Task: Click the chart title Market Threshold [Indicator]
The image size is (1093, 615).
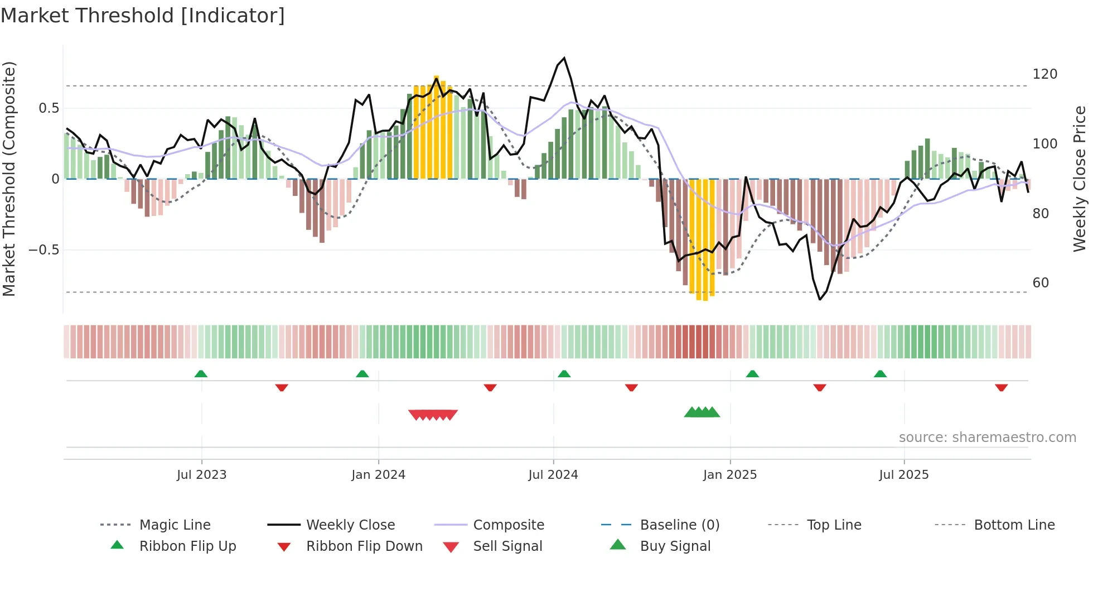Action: [x=143, y=16]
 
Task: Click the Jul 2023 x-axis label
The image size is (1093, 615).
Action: [x=201, y=475]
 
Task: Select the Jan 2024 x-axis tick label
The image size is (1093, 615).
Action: [x=378, y=475]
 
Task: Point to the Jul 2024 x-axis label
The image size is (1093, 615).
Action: [x=553, y=475]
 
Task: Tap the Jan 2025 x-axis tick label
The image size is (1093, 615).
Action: [x=730, y=475]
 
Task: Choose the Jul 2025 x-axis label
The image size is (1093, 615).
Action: [x=904, y=475]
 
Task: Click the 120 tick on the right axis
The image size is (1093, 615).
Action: [x=1044, y=74]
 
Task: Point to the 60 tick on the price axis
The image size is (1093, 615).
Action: [x=1041, y=283]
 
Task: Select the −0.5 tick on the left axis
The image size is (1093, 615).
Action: [x=44, y=250]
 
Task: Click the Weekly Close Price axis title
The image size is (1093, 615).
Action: [x=1080, y=179]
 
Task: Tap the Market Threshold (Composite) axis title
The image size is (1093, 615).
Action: [x=9, y=179]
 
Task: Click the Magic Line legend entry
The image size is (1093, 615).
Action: [x=175, y=525]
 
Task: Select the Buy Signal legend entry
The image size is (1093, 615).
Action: [x=675, y=546]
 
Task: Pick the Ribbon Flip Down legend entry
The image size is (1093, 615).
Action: [x=364, y=546]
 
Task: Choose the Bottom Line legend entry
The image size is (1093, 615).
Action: [x=1014, y=525]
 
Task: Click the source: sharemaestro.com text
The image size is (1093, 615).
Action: [x=987, y=438]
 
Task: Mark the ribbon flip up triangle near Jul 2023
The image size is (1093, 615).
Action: [x=201, y=374]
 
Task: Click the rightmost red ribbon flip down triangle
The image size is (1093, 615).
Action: [x=1001, y=387]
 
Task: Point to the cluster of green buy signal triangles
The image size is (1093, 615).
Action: [x=702, y=412]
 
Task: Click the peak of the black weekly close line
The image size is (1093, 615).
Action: [x=564, y=58]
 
